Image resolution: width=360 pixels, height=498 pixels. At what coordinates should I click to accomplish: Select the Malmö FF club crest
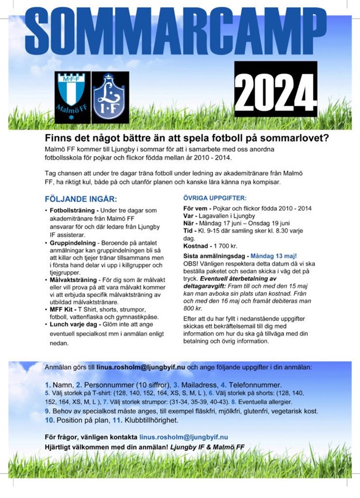coord(72,97)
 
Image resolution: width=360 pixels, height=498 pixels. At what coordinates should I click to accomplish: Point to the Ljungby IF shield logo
coord(111,98)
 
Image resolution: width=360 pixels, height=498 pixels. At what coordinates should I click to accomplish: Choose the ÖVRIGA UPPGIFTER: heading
coord(215,198)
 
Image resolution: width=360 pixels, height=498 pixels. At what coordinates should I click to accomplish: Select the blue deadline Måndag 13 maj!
coord(273,256)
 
